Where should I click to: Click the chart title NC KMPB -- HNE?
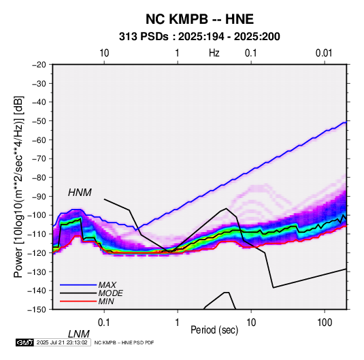(199, 19)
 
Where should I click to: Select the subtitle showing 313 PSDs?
(199, 37)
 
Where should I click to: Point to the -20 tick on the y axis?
(39, 65)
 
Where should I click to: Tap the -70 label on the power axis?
(39, 159)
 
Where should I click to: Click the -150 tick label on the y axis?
(37, 310)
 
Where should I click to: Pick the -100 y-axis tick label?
(37, 215)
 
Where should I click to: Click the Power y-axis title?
(18, 187)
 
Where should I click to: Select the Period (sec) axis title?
(214, 330)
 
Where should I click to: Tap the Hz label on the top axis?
(214, 53)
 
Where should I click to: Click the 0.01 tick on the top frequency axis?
(324, 53)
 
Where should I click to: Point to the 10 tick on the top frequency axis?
(104, 53)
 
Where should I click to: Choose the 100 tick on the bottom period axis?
(325, 323)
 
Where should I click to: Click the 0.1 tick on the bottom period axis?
(104, 323)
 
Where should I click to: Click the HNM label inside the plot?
(80, 193)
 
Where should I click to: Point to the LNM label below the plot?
(78, 334)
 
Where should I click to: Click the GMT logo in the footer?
(25, 342)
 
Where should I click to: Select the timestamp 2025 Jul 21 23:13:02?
(62, 342)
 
